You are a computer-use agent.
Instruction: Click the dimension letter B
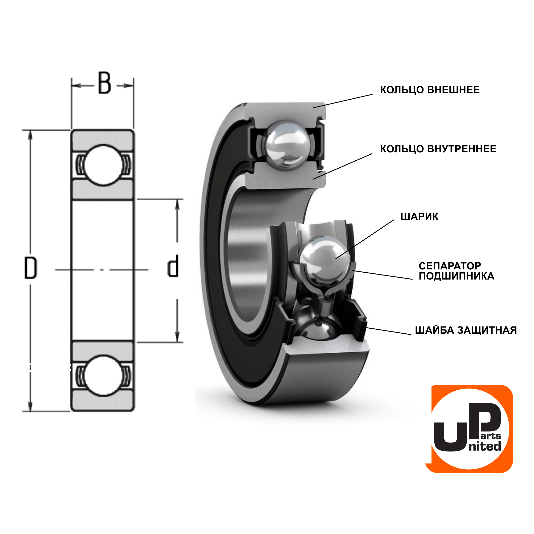[x=105, y=83]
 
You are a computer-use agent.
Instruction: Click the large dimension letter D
[x=30, y=268]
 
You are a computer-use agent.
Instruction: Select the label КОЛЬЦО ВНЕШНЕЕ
[x=430, y=90]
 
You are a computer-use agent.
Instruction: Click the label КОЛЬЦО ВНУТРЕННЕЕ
[x=438, y=149]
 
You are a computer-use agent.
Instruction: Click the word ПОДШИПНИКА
[x=456, y=276]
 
